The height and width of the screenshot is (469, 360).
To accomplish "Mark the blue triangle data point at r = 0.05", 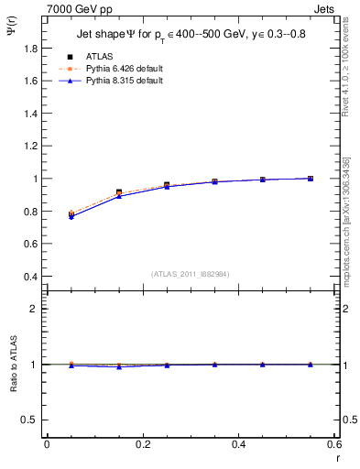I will (71, 217).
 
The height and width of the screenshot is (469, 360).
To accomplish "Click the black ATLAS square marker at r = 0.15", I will (119, 192).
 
